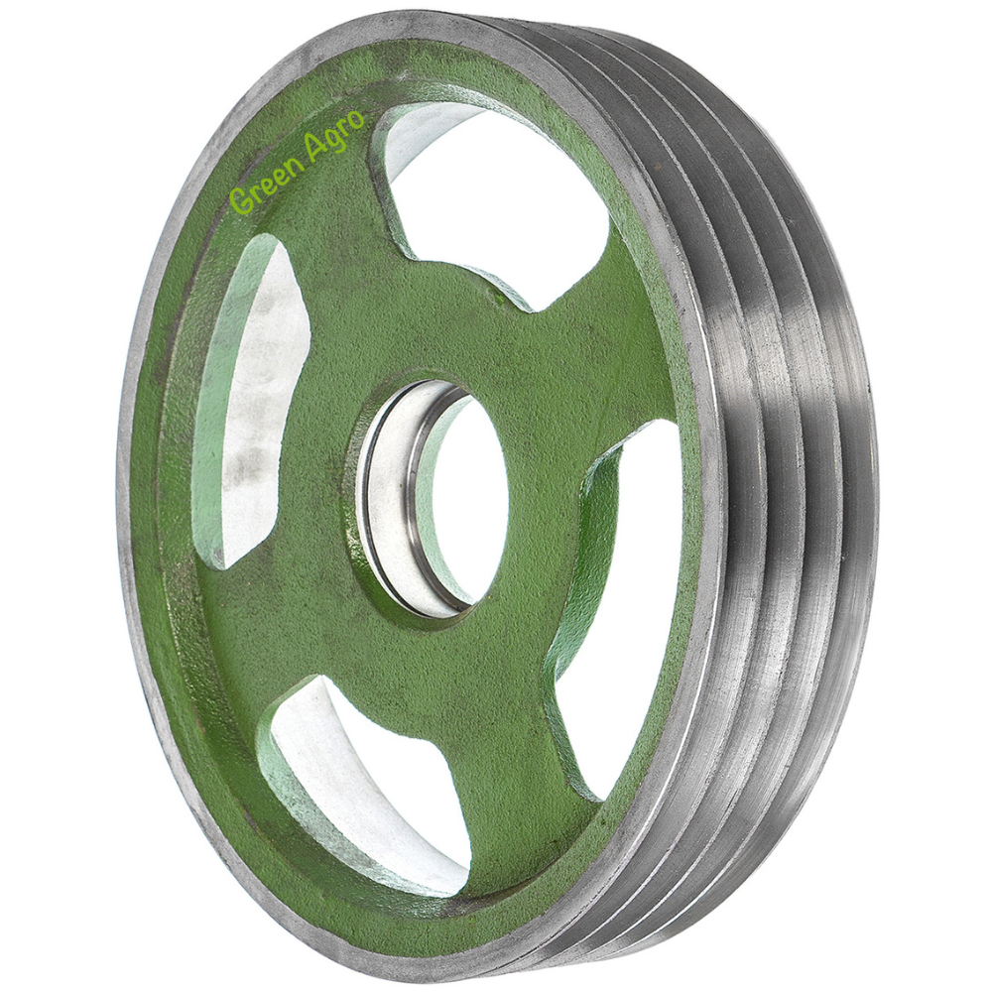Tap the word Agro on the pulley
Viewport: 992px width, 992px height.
click(334, 137)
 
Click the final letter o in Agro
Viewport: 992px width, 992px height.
click(358, 119)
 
